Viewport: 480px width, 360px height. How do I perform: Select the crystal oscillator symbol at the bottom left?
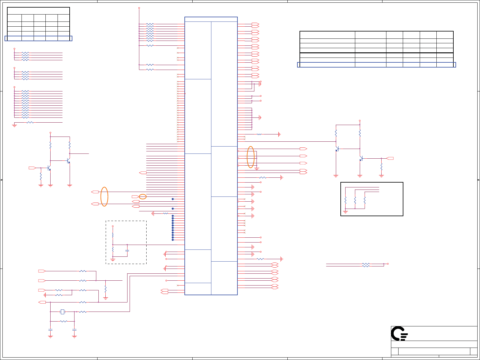coord(62,312)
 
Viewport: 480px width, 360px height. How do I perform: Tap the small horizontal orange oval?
coord(143,197)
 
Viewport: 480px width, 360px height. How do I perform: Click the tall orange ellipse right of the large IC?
coord(251,157)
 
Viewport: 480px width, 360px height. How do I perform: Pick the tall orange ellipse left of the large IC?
coord(104,197)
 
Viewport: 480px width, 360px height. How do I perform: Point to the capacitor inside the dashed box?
coord(127,250)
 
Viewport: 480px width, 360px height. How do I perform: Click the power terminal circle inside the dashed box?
coord(113,226)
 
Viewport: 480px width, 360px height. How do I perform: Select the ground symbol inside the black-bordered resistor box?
coord(345,212)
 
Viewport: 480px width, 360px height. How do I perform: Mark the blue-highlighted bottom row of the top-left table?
coord(38,38)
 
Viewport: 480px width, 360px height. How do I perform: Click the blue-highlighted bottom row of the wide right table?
coord(376,65)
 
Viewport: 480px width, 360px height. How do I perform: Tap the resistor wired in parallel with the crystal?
coord(63,321)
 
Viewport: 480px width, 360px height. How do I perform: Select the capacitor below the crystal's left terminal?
coord(50,329)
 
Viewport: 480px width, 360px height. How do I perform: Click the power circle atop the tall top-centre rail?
coord(139,8)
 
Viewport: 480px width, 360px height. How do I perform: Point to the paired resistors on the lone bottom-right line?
coord(366,265)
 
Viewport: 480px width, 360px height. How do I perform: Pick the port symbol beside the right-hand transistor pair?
coord(390,158)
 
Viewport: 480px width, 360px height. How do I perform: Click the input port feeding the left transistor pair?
coord(32,168)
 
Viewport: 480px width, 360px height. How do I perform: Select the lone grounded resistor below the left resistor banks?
coord(30,123)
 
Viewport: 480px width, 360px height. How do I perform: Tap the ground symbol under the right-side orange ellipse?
coord(257,169)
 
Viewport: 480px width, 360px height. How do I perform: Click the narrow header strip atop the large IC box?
coord(211,19)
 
